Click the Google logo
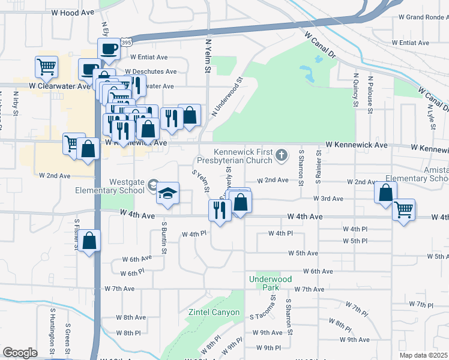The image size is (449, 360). click(x=20, y=353)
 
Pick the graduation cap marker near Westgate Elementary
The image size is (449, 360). click(x=168, y=193)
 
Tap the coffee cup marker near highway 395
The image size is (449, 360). click(x=109, y=48)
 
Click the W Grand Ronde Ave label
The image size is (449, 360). click(x=416, y=33)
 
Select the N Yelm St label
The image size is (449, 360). click(x=208, y=57)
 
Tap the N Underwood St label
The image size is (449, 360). click(x=226, y=97)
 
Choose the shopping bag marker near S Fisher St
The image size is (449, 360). click(x=89, y=241)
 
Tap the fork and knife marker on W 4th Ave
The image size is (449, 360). click(x=219, y=210)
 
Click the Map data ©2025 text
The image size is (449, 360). click(x=424, y=355)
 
